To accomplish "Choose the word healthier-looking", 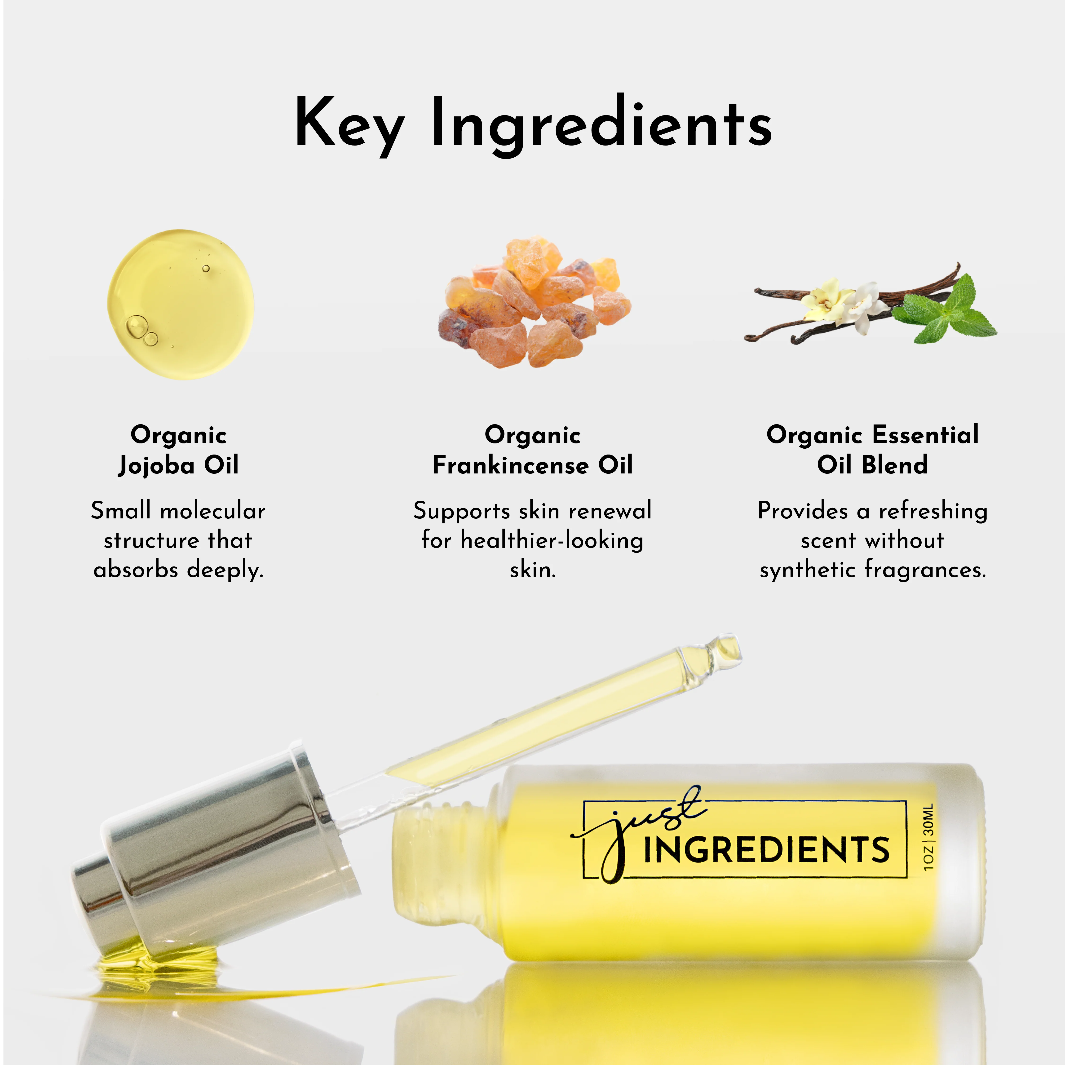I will tap(552, 540).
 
